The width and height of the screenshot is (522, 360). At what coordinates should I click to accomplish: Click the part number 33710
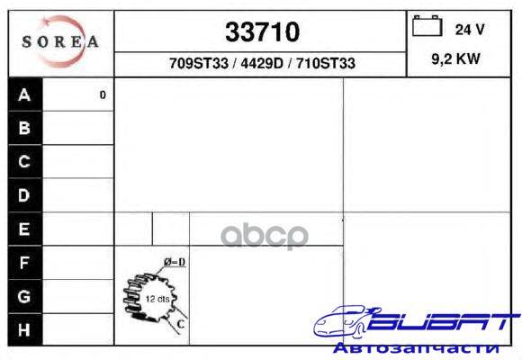tap(262, 32)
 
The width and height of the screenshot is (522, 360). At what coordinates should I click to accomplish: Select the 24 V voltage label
tap(470, 30)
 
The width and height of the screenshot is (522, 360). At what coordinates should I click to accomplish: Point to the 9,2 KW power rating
tap(455, 58)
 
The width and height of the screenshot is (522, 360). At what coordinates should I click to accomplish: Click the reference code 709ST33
tap(199, 63)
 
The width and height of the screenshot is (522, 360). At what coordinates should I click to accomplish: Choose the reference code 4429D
tap(261, 63)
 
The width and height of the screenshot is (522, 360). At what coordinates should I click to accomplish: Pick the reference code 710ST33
tap(326, 63)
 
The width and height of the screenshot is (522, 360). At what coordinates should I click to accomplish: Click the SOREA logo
tap(60, 41)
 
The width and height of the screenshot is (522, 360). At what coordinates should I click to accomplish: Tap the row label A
tap(24, 94)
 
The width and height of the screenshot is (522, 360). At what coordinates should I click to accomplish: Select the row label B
tap(24, 128)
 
